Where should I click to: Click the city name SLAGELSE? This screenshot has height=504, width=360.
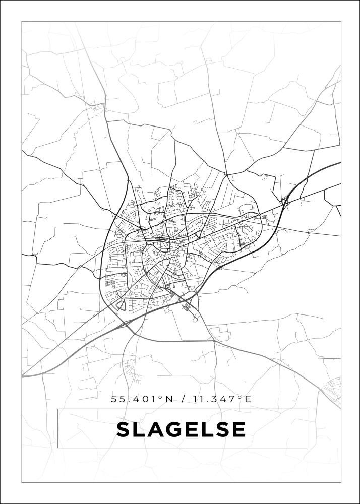[x=182, y=429]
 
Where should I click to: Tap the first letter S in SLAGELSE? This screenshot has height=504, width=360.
[x=124, y=429]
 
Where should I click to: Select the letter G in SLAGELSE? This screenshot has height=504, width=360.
[x=172, y=429]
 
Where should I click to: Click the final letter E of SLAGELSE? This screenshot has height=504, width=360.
[x=239, y=429]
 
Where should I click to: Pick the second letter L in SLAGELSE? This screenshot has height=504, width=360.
[x=206, y=429]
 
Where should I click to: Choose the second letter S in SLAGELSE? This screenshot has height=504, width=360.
[x=222, y=429]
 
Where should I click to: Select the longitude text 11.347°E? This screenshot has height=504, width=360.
[x=221, y=399]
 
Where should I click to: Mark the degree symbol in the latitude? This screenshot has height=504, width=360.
[x=161, y=397]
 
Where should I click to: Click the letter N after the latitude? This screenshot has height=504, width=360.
[x=168, y=399]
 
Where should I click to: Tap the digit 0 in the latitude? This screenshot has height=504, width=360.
[x=146, y=399]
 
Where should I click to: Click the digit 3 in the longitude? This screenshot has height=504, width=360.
[x=218, y=399]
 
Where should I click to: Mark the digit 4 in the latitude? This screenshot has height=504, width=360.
[x=138, y=399]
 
